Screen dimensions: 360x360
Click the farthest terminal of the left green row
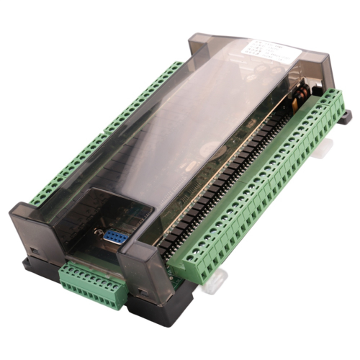coord(176,66)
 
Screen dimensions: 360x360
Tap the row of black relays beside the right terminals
coord(238,180)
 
